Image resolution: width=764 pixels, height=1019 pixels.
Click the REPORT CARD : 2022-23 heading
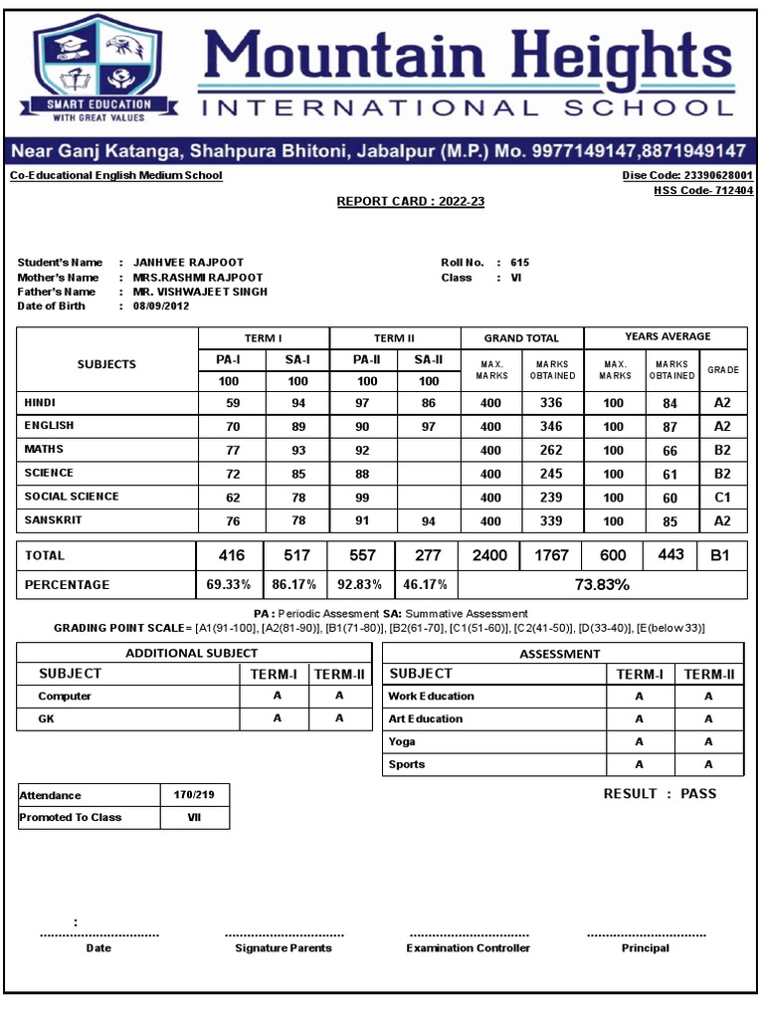(411, 201)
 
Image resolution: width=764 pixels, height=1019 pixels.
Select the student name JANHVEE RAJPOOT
(188, 263)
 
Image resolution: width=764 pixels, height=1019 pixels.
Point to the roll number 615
(519, 263)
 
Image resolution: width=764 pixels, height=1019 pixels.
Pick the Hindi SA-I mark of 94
(297, 403)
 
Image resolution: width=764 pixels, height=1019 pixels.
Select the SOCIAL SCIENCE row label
(72, 497)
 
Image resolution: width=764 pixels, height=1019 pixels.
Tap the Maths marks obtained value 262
(551, 450)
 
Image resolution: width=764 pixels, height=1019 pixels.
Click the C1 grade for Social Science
(722, 498)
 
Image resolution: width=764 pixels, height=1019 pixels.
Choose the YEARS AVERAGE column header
(666, 337)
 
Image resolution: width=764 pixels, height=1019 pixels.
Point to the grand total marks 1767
(551, 555)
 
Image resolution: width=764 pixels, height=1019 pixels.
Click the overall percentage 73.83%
(602, 584)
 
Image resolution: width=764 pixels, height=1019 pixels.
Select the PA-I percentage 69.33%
(229, 585)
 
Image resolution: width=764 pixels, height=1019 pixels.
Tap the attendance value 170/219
(195, 795)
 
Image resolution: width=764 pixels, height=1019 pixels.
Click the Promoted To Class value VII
(194, 817)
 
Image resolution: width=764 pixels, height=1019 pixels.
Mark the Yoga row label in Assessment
(402, 742)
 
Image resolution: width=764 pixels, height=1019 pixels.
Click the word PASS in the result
(698, 793)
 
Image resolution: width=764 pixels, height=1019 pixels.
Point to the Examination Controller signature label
(468, 948)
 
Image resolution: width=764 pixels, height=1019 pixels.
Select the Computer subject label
(65, 697)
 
